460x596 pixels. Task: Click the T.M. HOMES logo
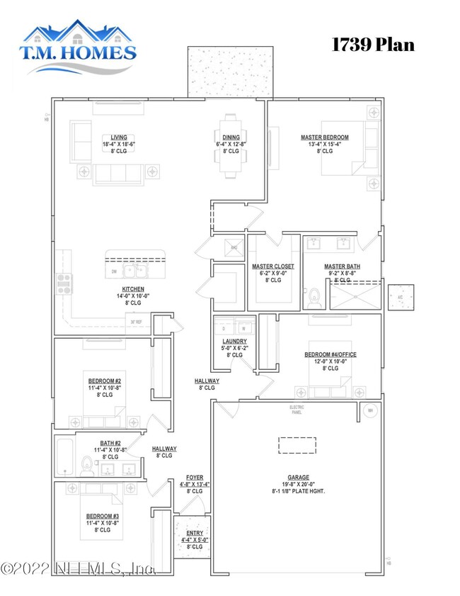[x=79, y=43]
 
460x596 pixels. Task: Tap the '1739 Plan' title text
[x=373, y=44]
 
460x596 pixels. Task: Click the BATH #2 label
[x=103, y=449]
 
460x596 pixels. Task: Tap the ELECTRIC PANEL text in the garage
[x=297, y=409]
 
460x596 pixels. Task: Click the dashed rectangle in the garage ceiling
[x=297, y=445]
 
